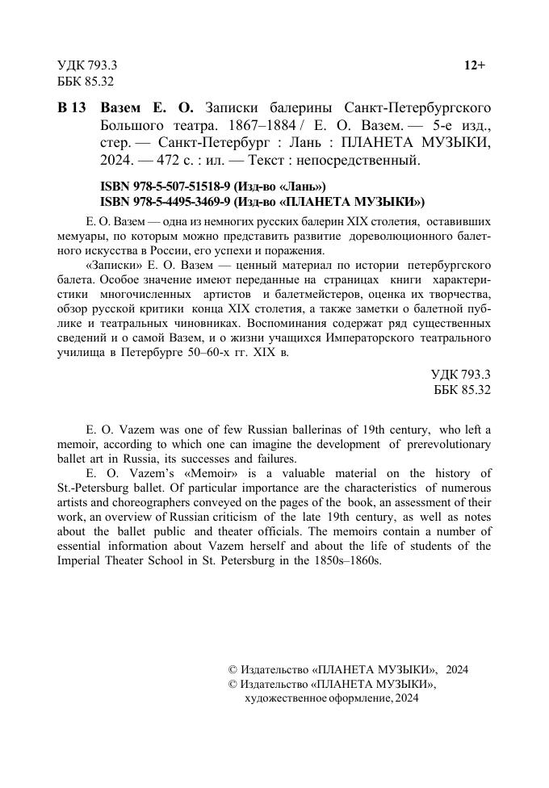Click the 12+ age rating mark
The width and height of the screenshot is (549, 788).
(474, 65)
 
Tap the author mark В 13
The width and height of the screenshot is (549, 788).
(72, 108)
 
